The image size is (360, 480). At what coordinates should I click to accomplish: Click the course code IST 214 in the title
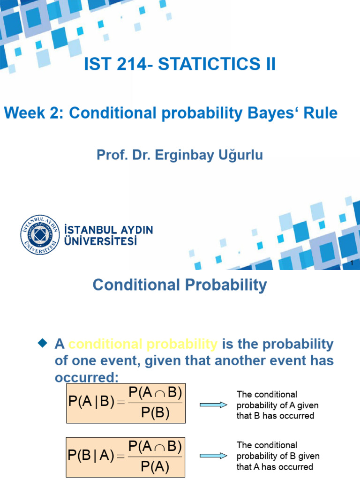115,64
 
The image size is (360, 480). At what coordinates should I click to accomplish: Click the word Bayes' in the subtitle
271,113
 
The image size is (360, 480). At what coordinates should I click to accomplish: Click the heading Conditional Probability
180,285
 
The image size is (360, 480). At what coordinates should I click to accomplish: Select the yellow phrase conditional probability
143,345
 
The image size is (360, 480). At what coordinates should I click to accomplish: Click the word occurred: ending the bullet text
87,377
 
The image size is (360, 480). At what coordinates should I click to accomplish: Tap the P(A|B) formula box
126,403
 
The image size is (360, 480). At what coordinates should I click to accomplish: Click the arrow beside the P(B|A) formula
213,455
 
